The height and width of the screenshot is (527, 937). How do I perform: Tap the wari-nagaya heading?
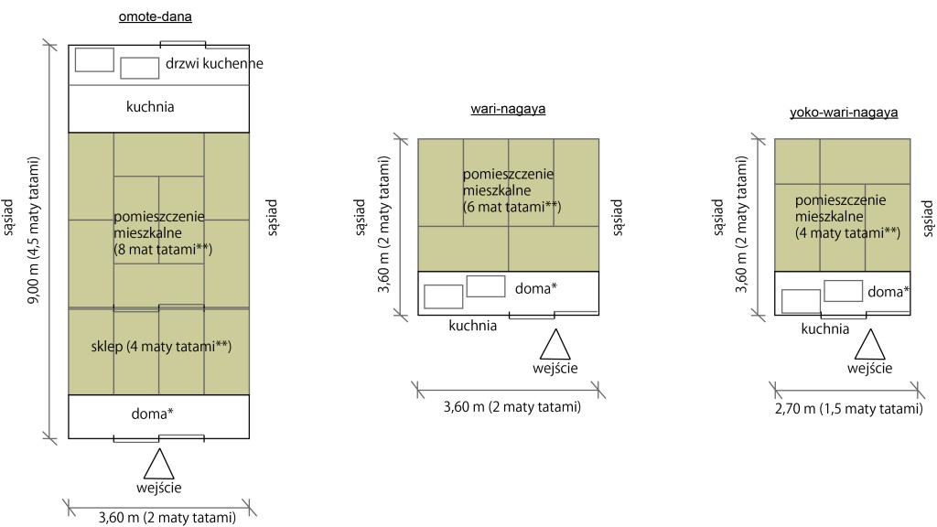[x=508, y=110]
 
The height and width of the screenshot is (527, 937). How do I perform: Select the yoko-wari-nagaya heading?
[x=843, y=113]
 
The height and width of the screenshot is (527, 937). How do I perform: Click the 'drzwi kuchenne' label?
[x=215, y=64]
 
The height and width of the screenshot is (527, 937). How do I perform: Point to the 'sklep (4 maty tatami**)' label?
[x=159, y=347]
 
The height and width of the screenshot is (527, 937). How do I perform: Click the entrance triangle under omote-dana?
[x=159, y=463]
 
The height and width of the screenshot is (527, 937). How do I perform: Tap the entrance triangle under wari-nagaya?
[x=554, y=345]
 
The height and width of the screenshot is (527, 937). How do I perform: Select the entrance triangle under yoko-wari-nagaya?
[x=869, y=345]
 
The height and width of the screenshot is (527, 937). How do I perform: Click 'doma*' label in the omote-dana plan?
[x=154, y=414]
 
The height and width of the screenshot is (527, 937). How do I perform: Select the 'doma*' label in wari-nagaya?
[x=537, y=289]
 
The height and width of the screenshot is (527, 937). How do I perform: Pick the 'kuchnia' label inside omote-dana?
[x=150, y=107]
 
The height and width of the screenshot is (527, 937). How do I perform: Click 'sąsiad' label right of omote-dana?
[x=272, y=218]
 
